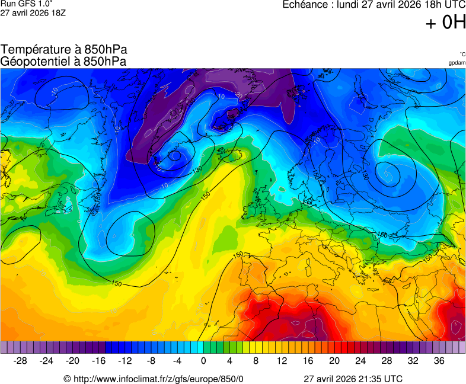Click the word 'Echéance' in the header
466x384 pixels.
tap(305, 5)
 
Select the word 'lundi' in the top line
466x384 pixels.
tap(349, 5)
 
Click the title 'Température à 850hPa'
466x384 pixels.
tap(64, 50)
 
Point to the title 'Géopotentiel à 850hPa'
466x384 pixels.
tap(64, 61)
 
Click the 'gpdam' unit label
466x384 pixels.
tap(457, 62)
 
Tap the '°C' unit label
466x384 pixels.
tap(462, 54)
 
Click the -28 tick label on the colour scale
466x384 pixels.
tap(20, 361)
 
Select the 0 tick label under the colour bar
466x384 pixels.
tap(203, 361)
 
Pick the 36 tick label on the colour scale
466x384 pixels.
tap(439, 361)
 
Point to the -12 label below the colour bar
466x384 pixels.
tap(125, 361)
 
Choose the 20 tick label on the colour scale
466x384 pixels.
tap(334, 361)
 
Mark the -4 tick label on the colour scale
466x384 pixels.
tap(177, 361)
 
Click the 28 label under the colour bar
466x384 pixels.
tap(387, 361)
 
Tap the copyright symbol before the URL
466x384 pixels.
tap(67, 379)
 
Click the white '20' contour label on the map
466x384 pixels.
tap(239, 95)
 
